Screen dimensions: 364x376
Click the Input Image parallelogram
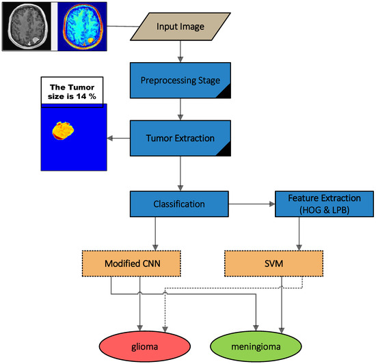pyautogui.click(x=180, y=26)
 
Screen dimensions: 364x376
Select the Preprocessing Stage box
pyautogui.click(x=180, y=81)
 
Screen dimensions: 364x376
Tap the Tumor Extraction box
pyautogui.click(x=180, y=138)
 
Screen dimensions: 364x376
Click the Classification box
pyautogui.click(x=178, y=204)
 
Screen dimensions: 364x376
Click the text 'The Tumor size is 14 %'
pyautogui.click(x=70, y=92)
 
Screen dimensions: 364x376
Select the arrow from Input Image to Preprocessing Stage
pyautogui.click(x=180, y=52)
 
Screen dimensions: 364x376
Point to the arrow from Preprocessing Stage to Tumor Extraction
pyautogui.click(x=180, y=109)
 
